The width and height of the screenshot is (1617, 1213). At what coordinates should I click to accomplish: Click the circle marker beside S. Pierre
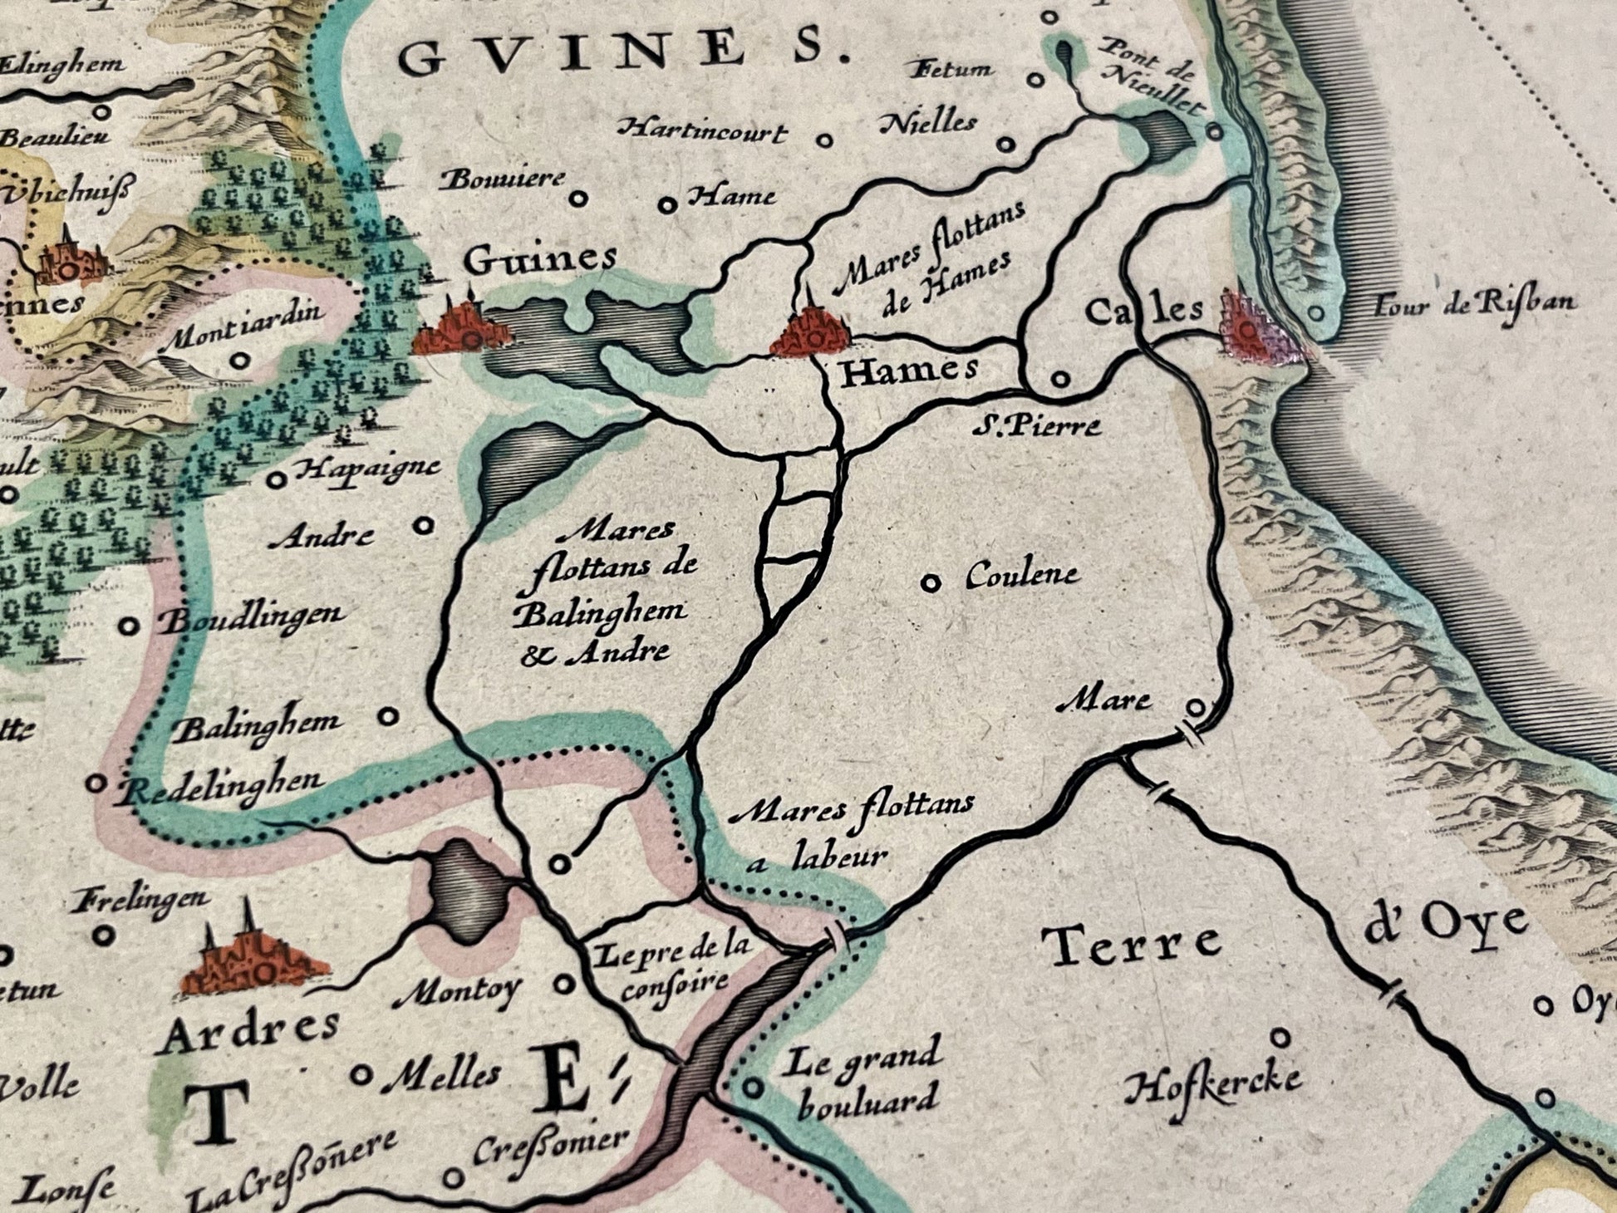pos(1059,379)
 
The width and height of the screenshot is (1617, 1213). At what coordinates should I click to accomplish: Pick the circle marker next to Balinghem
pos(388,715)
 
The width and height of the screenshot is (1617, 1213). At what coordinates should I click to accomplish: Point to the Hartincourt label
pos(704,131)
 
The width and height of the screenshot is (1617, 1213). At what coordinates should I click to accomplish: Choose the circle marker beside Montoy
pos(564,985)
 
